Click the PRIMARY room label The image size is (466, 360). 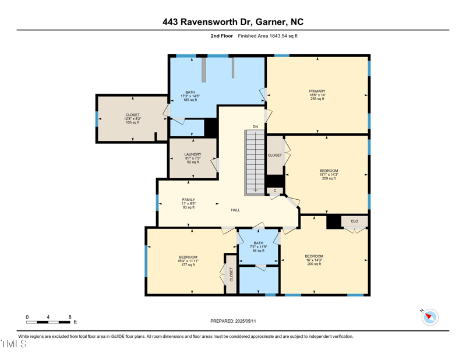pos(317,91)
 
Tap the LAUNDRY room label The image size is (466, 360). pos(193,154)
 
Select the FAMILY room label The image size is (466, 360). pos(188,199)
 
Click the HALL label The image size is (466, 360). pos(235,210)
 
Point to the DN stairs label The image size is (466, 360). pos(255,126)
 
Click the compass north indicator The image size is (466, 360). pos(430,317)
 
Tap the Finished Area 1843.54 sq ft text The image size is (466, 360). pos(267,36)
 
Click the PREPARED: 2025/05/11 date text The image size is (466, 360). pos(233,321)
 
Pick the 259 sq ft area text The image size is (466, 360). pos(317,99)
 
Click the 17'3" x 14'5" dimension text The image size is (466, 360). pos(190,96)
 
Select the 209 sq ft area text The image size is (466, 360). pos(329,178)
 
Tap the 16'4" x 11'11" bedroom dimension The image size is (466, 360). pos(188,261)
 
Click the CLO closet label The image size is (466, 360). pos(354,221)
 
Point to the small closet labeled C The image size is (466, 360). pos(275,190)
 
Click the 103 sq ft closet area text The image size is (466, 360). pos(132,122)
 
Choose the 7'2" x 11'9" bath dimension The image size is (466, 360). pos(258,247)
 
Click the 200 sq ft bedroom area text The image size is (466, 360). pos(314,264)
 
